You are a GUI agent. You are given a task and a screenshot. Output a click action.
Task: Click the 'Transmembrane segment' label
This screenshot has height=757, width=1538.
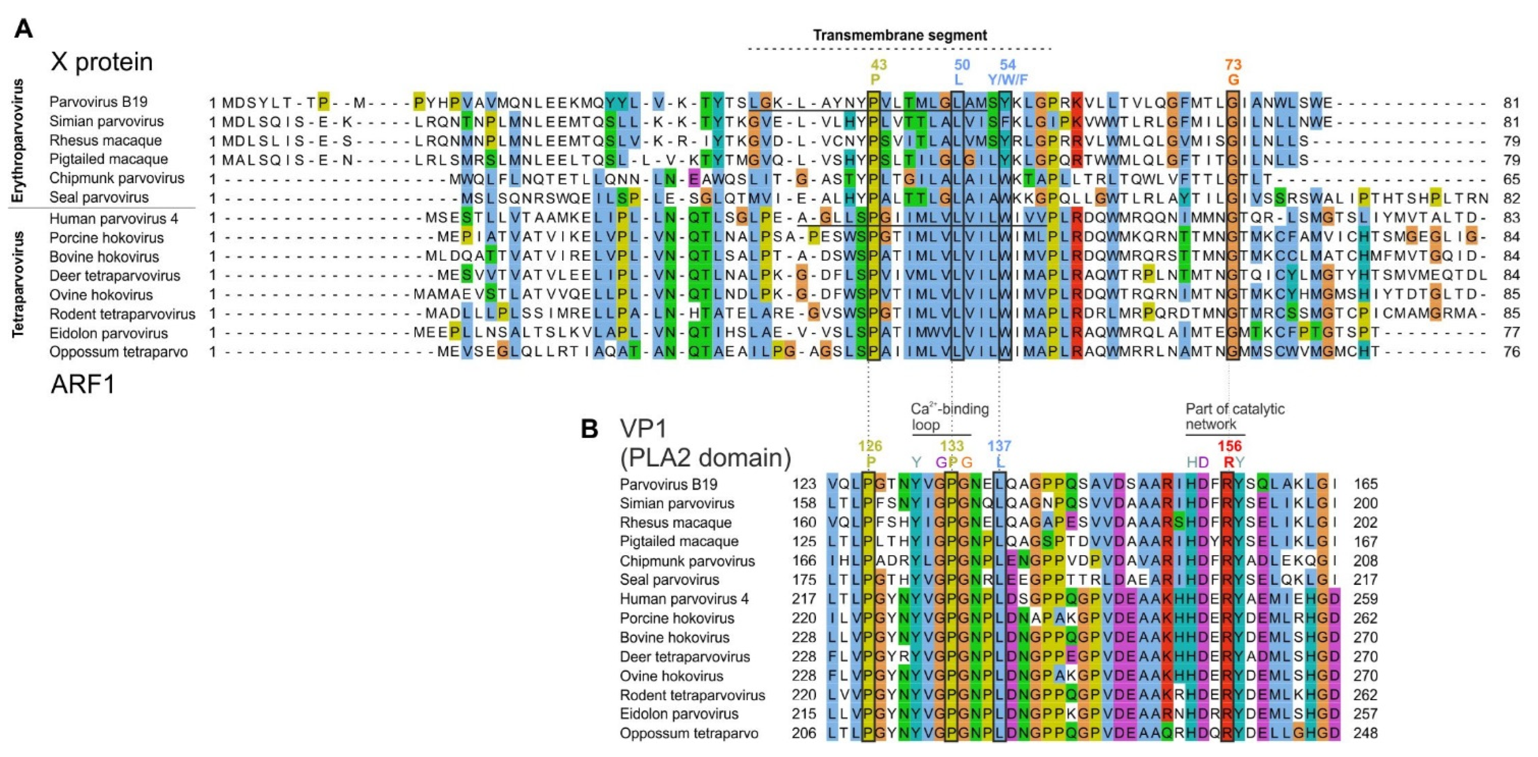click(900, 35)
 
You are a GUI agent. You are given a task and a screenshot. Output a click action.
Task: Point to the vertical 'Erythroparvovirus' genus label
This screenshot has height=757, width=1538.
click(18, 141)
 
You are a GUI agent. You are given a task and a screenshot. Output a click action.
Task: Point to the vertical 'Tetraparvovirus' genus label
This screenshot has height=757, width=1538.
click(18, 285)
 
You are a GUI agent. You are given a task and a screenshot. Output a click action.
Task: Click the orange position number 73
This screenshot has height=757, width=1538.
click(1233, 64)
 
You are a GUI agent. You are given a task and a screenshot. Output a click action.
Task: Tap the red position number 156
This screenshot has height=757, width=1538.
click(1229, 446)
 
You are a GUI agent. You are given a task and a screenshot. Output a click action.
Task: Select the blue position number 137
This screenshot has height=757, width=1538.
click(999, 446)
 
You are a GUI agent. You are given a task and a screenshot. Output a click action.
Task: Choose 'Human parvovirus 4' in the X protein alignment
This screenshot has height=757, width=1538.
click(113, 218)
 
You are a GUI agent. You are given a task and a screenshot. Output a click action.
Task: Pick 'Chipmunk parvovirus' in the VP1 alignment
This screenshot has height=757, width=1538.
click(687, 561)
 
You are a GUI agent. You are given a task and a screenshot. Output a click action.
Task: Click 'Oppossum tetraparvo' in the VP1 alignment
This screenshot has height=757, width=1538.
click(688, 733)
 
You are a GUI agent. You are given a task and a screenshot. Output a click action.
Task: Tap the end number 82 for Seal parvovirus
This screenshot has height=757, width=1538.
click(1511, 198)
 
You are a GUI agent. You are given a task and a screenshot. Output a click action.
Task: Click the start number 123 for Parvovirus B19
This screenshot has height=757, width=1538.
click(803, 484)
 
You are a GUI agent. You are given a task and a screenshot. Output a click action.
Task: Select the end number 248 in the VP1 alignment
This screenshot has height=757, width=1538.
click(1365, 733)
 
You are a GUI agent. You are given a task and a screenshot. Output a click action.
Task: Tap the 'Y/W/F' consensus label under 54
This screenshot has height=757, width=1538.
click(1008, 79)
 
